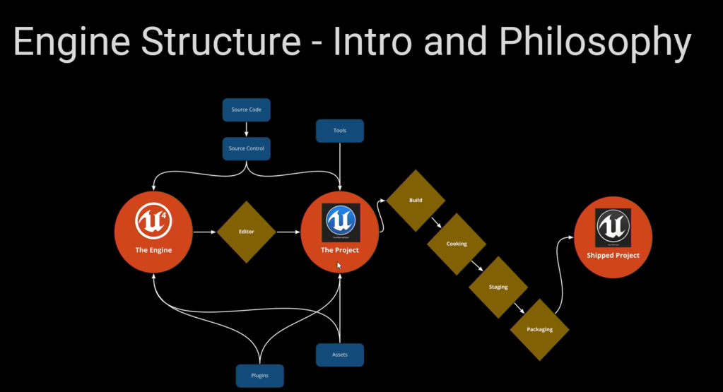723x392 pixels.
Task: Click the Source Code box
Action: [246, 109]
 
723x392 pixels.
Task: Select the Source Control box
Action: [246, 148]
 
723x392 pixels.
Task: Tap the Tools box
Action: [340, 131]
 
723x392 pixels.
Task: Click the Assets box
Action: [340, 355]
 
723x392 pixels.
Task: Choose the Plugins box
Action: [259, 375]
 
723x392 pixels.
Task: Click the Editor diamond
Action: [246, 232]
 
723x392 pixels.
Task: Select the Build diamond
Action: [416, 201]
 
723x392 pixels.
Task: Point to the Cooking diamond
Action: [457, 244]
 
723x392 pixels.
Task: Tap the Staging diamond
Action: [498, 287]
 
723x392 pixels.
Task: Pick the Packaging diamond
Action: [540, 329]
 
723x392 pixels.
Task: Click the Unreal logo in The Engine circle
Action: [153, 220]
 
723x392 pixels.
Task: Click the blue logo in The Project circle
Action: [340, 222]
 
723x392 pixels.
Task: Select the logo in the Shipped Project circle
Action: [613, 227]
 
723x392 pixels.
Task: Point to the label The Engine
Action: [153, 250]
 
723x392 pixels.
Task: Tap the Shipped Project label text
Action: [613, 256]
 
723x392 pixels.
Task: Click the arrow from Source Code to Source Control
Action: [246, 129]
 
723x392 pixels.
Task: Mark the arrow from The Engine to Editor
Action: [205, 232]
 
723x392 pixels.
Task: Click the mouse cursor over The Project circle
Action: [339, 266]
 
